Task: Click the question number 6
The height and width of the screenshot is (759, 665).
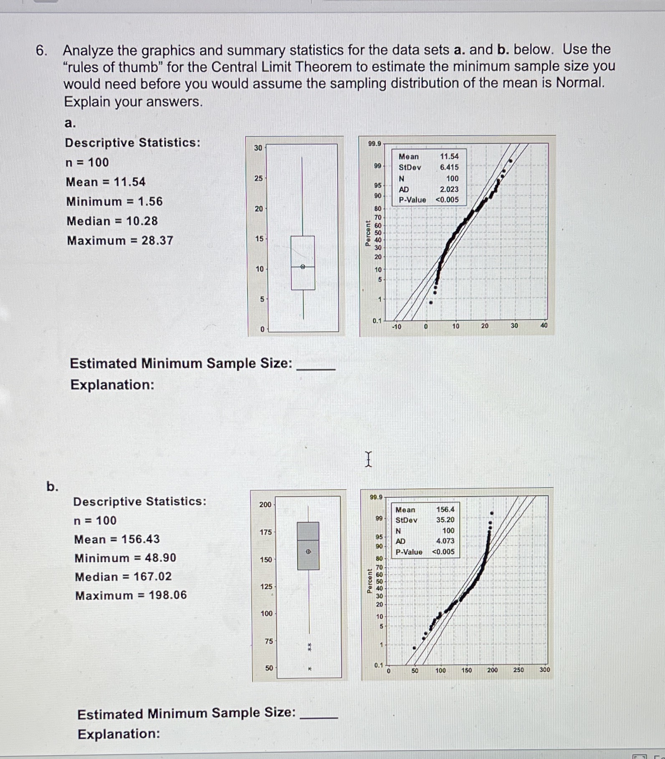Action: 40,51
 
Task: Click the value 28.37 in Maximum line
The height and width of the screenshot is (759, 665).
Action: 157,240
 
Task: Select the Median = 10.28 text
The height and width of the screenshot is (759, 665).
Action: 112,221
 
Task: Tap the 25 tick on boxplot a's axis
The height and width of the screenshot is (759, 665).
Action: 259,178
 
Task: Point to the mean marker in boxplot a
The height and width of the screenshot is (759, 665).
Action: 303,266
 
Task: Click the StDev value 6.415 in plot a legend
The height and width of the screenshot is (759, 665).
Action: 449,167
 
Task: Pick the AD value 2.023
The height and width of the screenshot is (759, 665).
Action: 449,189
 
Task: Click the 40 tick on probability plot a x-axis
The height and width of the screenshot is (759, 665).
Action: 544,326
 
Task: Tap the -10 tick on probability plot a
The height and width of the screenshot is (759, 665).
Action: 396,326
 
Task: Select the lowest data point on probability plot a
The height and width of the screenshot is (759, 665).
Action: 431,303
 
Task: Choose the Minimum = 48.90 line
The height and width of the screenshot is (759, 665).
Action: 125,558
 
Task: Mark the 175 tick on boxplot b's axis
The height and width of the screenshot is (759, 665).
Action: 265,532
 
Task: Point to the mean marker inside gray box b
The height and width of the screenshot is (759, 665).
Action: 308,552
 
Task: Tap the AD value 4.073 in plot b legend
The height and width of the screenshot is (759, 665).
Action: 445,541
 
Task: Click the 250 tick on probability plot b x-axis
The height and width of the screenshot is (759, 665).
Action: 518,670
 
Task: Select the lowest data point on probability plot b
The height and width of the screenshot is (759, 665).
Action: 414,648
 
